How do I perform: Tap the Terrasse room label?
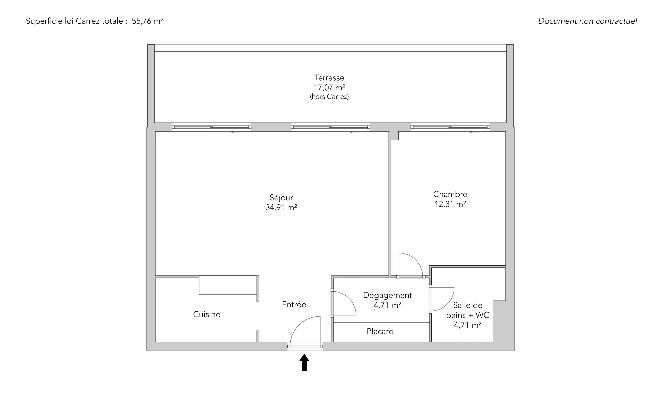(329, 78)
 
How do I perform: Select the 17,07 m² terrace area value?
(329, 88)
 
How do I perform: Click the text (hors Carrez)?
(329, 97)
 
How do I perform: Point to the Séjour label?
(281, 198)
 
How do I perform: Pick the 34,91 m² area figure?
(281, 207)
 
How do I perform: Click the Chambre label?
(450, 194)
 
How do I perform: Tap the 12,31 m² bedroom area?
(450, 204)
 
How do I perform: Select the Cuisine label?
(207, 314)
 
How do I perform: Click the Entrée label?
(294, 304)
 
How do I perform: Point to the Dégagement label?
(388, 295)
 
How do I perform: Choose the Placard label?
(380, 331)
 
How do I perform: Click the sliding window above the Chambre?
(450, 127)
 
